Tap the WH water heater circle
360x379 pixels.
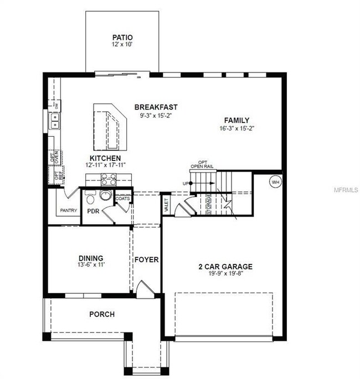coord(275,181)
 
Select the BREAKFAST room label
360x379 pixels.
coord(155,107)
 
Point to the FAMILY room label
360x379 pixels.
coord(236,120)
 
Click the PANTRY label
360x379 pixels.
coord(69,211)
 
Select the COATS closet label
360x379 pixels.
coord(123,198)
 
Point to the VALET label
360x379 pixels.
coord(166,205)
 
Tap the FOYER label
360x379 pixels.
coord(147,259)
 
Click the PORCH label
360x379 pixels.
coord(102,314)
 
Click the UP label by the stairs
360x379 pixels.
coord(184,183)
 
